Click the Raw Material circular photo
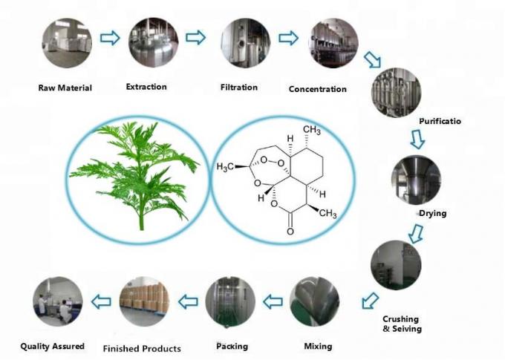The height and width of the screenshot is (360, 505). coord(66,39)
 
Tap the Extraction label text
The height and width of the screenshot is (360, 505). coord(146,87)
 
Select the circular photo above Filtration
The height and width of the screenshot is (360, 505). coord(241,39)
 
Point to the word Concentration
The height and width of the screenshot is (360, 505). coord(317,89)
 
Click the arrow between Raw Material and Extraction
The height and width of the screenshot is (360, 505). coord(110,38)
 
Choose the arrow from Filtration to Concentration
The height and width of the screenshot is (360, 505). coord(287,38)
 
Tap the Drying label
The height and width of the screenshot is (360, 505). coord(432,214)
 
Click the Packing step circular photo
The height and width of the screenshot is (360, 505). coord(230,302)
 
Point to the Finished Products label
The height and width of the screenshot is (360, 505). coord(142,348)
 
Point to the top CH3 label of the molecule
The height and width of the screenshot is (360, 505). coord(311,131)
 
